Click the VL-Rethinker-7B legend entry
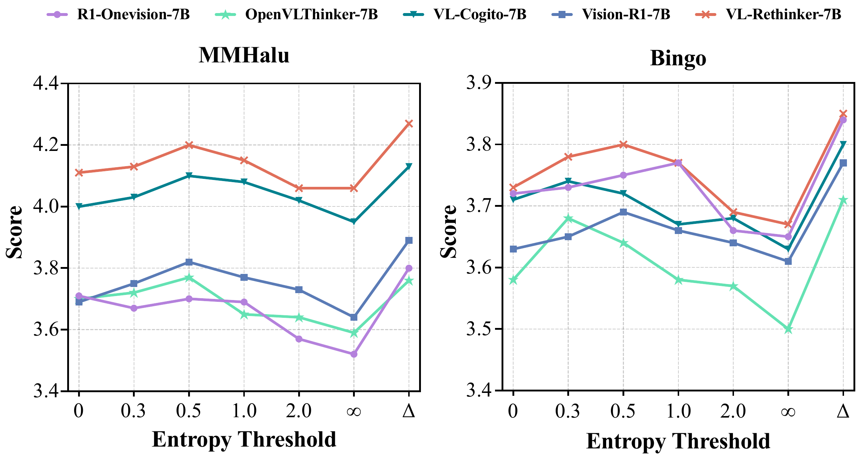pyautogui.click(x=783, y=15)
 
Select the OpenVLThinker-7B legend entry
pyautogui.click(x=311, y=15)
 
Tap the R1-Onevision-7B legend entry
pyautogui.click(x=133, y=15)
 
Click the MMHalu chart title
pyautogui.click(x=244, y=56)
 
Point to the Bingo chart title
pyautogui.click(x=678, y=58)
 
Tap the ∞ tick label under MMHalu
pyautogui.click(x=354, y=411)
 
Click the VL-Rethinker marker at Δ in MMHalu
pyautogui.click(x=409, y=124)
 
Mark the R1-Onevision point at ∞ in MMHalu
pyautogui.click(x=354, y=354)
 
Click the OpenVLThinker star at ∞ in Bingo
pyautogui.click(x=788, y=329)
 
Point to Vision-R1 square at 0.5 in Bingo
pyautogui.click(x=623, y=212)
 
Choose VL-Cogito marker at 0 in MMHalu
pyautogui.click(x=79, y=206)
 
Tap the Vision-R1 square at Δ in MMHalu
pyautogui.click(x=409, y=241)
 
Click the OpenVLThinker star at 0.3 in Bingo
pyautogui.click(x=568, y=218)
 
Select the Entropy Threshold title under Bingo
pyautogui.click(x=678, y=441)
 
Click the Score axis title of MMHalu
pyautogui.click(x=15, y=232)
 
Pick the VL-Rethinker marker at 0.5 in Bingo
pyautogui.click(x=623, y=144)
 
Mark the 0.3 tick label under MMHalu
pyautogui.click(x=134, y=411)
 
